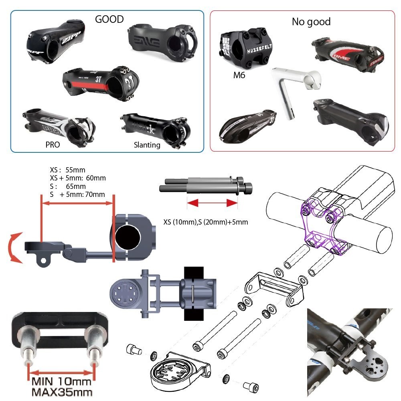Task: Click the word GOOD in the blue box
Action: (x=109, y=19)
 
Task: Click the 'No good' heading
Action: (x=311, y=22)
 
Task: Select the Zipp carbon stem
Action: (x=55, y=42)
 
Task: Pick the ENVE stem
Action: (x=163, y=43)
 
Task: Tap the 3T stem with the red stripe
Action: (x=101, y=83)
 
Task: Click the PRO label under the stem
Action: (x=53, y=145)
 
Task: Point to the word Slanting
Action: (x=147, y=145)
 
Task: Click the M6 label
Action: (x=239, y=75)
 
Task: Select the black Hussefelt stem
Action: (x=245, y=48)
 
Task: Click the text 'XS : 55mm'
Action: (x=67, y=170)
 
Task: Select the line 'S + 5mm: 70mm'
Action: (x=77, y=194)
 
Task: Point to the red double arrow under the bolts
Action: (x=212, y=203)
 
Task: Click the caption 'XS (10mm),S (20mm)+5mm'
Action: (x=206, y=222)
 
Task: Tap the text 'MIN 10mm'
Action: (x=61, y=382)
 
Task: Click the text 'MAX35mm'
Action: (x=62, y=392)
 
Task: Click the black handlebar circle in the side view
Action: (x=128, y=237)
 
